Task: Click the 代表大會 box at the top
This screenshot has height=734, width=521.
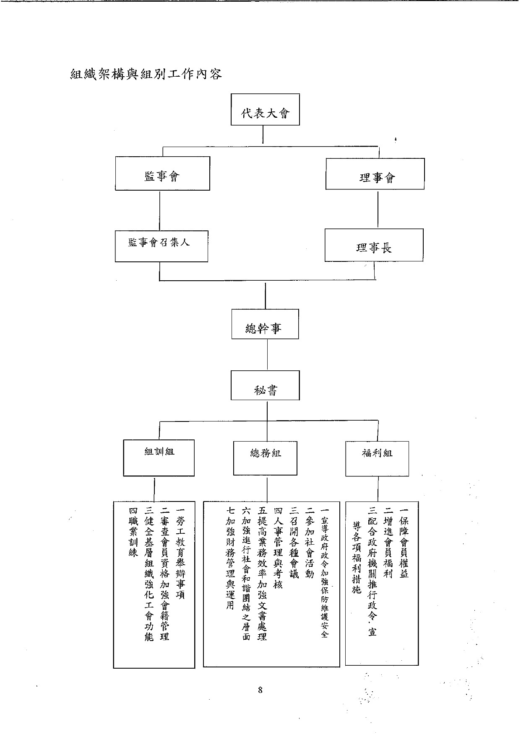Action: click(265, 110)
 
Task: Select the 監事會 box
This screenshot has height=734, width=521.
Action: click(162, 173)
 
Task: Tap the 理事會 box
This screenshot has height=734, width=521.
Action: click(375, 174)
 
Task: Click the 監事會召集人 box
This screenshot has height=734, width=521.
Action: click(162, 246)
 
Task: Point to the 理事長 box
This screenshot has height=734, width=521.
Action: click(374, 245)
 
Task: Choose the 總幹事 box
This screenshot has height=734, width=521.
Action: click(265, 324)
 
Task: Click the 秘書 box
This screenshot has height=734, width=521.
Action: click(265, 385)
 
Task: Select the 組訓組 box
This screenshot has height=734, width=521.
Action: click(159, 457)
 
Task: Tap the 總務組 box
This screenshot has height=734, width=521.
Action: click(265, 457)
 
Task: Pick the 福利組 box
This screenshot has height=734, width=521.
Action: click(377, 458)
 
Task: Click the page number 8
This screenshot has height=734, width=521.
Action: click(260, 690)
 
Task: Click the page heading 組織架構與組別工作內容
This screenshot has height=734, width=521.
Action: click(146, 75)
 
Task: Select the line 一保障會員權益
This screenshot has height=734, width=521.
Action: click(404, 543)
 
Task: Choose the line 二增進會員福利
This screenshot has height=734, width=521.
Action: click(388, 543)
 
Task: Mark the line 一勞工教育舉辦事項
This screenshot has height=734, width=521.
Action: click(181, 553)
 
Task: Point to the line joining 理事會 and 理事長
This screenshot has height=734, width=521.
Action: click(378, 209)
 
